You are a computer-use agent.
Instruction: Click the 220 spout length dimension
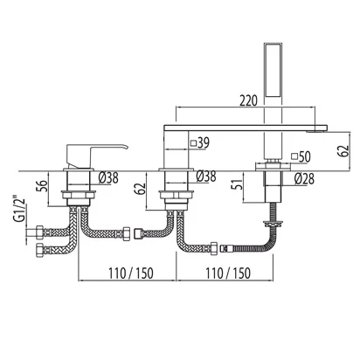[x=248, y=100]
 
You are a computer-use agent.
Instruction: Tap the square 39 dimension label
[x=200, y=142]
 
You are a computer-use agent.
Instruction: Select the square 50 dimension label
[x=301, y=156]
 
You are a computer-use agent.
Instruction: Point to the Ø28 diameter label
[x=304, y=178]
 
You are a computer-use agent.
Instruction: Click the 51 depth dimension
[x=239, y=183]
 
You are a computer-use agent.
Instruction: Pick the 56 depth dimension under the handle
[x=42, y=186]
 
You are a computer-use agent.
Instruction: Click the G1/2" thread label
[x=19, y=211]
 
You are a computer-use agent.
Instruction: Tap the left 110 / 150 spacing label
[x=130, y=273]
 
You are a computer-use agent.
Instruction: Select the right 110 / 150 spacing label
[x=228, y=273]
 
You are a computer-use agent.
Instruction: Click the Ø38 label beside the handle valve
[x=108, y=177]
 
